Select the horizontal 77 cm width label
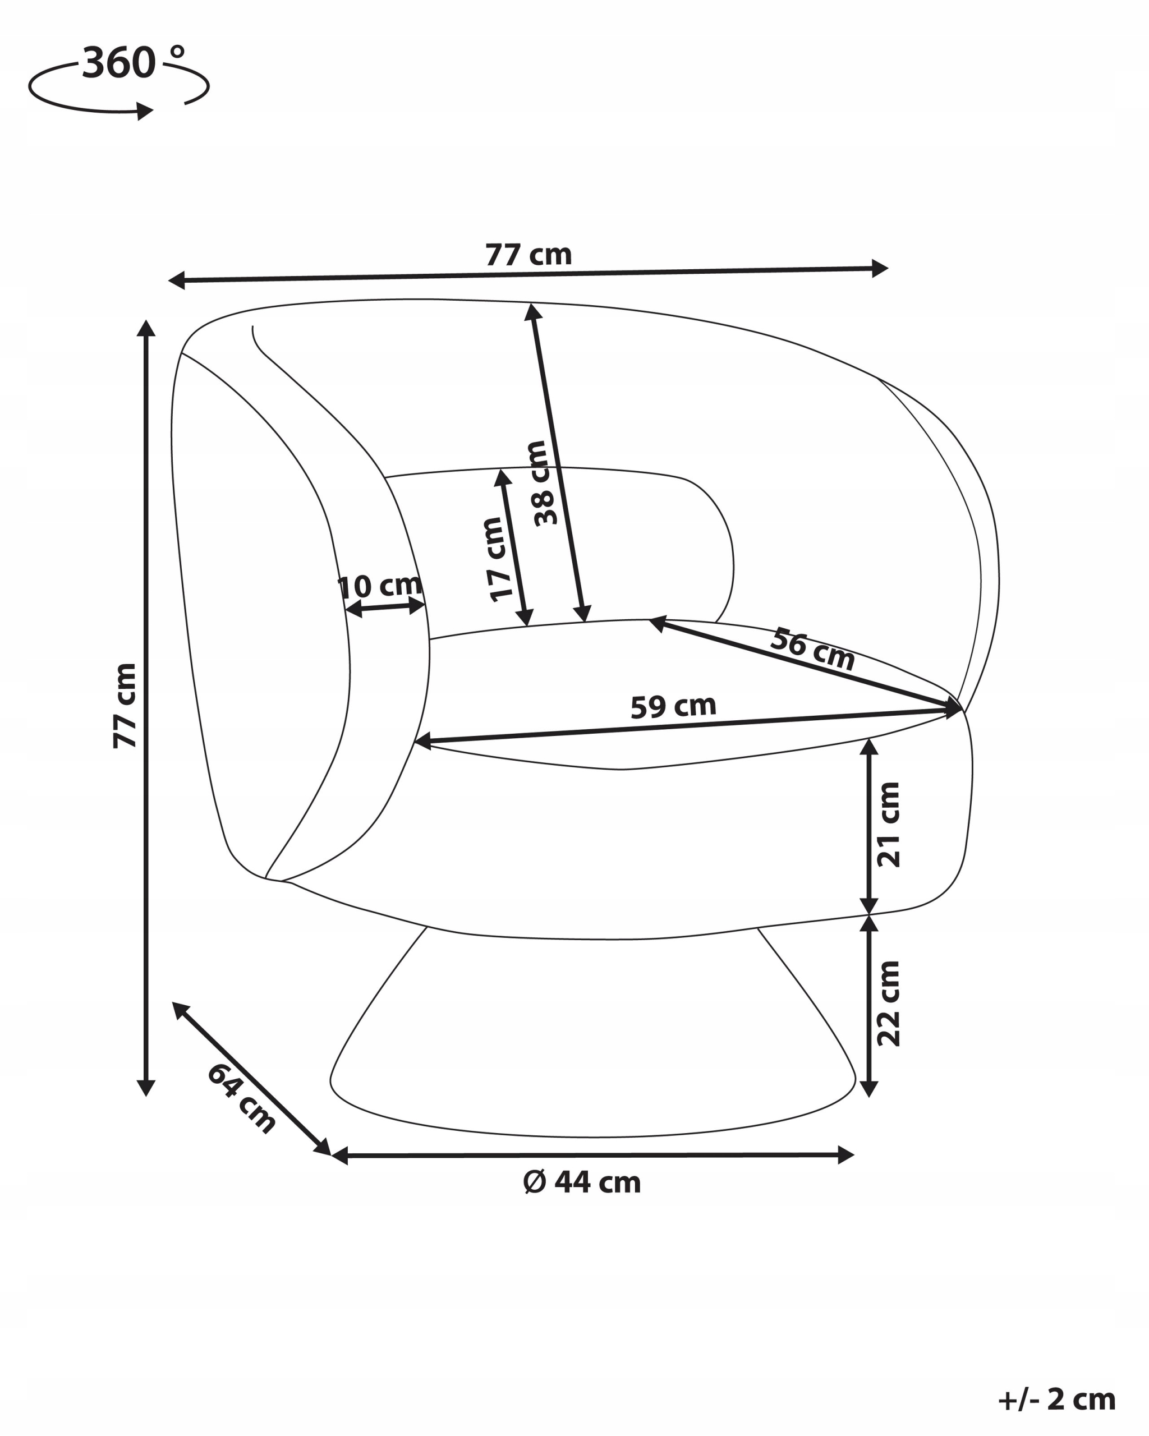(528, 255)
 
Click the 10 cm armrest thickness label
(380, 586)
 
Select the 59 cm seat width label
(673, 706)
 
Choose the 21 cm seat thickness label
(889, 825)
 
